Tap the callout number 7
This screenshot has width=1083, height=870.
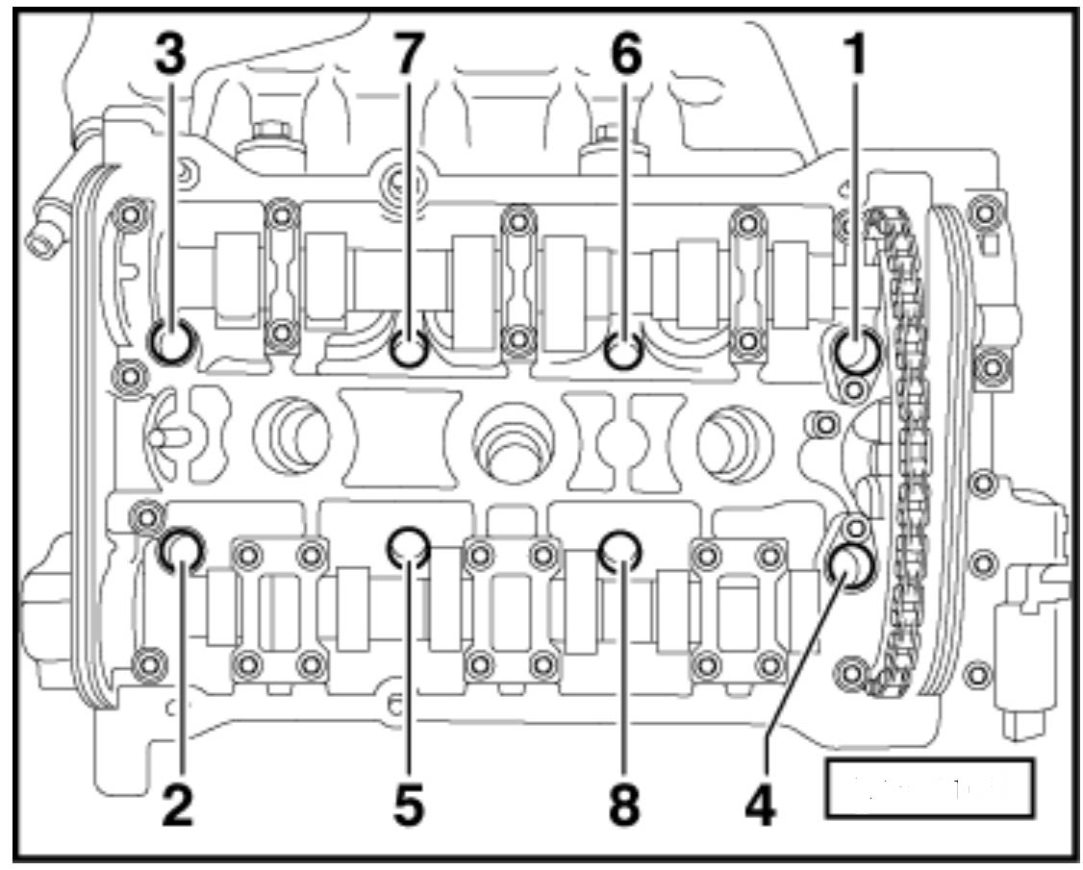(x=409, y=58)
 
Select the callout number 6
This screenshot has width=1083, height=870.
(x=624, y=58)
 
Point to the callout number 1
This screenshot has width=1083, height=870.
(x=852, y=58)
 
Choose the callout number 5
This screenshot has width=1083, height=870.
(x=409, y=806)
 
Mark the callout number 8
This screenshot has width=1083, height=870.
(x=624, y=806)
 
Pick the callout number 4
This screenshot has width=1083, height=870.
(x=759, y=806)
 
